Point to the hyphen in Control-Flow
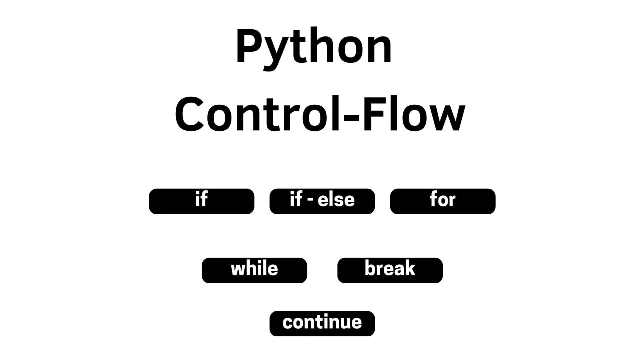tap(351, 117)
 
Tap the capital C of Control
tap(189, 114)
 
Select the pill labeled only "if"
tap(201, 201)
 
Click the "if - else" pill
tap(322, 201)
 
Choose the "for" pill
tap(443, 201)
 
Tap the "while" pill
tap(254, 270)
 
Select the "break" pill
tap(390, 270)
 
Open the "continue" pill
tap(322, 323)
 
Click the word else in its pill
tap(336, 199)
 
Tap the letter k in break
tap(409, 268)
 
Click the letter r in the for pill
tap(451, 201)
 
